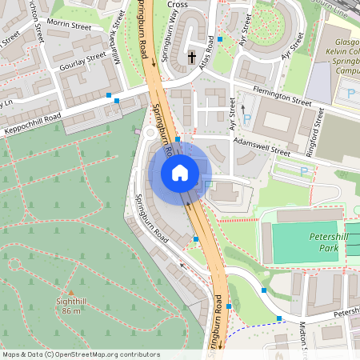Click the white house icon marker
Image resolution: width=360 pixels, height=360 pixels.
(x=180, y=172)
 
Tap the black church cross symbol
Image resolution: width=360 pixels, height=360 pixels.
(x=191, y=58)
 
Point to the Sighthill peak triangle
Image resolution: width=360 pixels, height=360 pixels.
(x=71, y=293)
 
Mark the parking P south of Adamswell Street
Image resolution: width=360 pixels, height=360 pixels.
(x=303, y=170)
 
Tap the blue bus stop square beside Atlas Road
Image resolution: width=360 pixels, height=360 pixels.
(x=220, y=38)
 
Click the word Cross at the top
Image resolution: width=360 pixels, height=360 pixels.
(x=178, y=4)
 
